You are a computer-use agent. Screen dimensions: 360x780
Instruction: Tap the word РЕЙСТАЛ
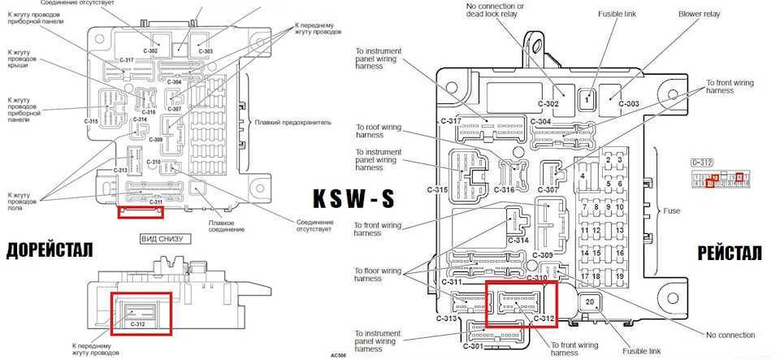(730, 254)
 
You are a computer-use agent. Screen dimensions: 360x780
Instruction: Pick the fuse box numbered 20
(590, 303)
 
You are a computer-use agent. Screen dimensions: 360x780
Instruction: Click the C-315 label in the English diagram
(438, 189)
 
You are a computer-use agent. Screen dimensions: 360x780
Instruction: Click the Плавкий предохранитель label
(293, 121)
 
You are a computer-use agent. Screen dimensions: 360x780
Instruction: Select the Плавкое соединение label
(221, 225)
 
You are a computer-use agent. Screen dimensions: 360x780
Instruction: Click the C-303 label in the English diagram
(628, 104)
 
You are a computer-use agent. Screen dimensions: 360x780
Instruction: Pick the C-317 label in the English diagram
(451, 121)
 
